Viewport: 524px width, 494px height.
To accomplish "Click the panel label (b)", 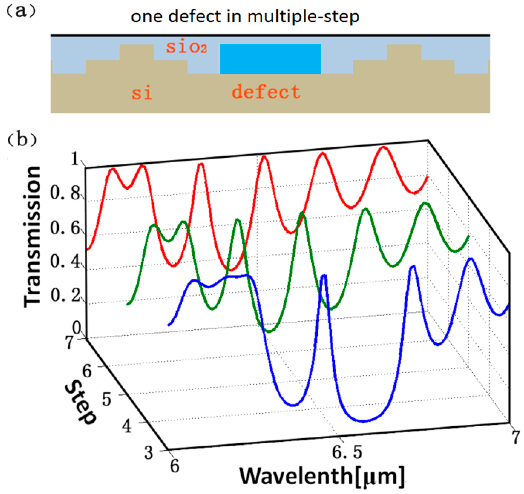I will (x=22, y=140).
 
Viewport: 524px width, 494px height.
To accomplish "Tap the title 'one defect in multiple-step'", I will (x=245, y=17).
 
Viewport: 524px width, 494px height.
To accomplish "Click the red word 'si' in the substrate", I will (x=142, y=93).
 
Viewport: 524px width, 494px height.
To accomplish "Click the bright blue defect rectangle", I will (x=270, y=59).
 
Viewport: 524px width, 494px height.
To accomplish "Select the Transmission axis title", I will (x=33, y=237).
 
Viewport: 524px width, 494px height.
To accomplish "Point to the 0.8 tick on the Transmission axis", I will (x=65, y=193).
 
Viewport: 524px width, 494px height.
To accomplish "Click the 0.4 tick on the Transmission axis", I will (x=65, y=262).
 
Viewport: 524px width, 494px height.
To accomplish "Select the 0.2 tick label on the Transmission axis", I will (x=65, y=295).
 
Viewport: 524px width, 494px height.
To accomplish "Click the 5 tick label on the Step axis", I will (x=106, y=399).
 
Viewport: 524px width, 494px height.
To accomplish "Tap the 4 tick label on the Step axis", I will (x=127, y=427).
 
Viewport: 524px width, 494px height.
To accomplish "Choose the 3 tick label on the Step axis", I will (x=149, y=453).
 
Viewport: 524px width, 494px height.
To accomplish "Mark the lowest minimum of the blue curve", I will (x=364, y=421).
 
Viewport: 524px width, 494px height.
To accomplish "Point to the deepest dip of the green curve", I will (x=269, y=332).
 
